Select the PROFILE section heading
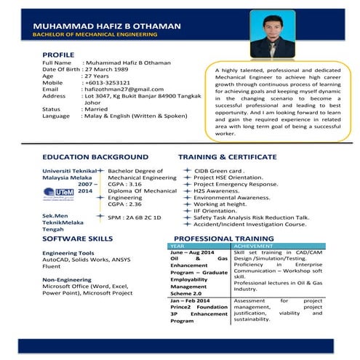coord(58,55)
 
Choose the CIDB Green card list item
coord(217,169)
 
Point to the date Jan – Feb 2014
coord(191,300)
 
